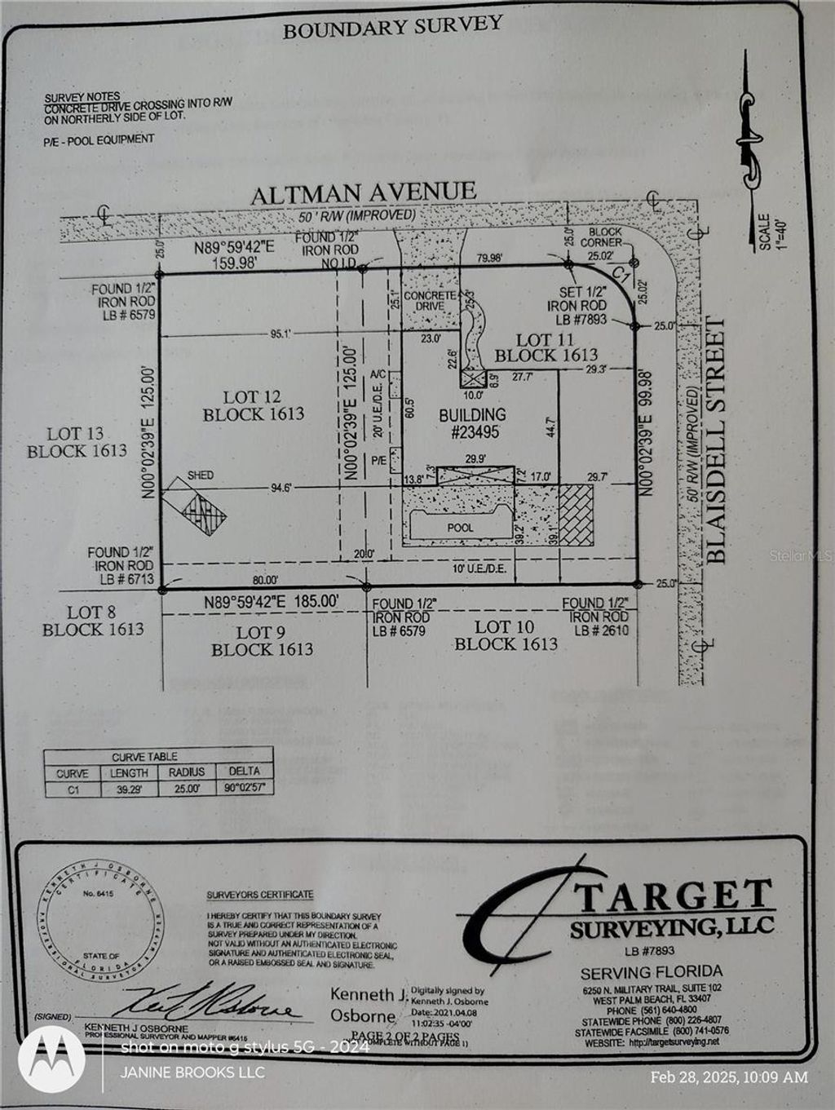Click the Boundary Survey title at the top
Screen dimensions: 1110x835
[x=391, y=27]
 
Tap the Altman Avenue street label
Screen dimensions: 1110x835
[x=363, y=193]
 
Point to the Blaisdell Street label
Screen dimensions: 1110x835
[x=715, y=440]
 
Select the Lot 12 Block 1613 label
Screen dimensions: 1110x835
[x=253, y=405]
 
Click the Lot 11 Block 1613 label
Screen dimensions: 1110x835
[x=546, y=347]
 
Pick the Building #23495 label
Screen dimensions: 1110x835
[x=472, y=423]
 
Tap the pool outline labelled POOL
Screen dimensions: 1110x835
[x=460, y=526]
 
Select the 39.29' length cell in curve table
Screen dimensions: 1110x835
[x=129, y=789]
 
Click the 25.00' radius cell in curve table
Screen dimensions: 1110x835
[x=187, y=789]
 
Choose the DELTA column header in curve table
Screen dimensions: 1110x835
[x=245, y=772]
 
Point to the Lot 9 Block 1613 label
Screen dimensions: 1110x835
[x=262, y=640]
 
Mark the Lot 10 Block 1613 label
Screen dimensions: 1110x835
[x=506, y=635]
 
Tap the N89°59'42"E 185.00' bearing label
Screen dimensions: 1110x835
[x=271, y=603]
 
